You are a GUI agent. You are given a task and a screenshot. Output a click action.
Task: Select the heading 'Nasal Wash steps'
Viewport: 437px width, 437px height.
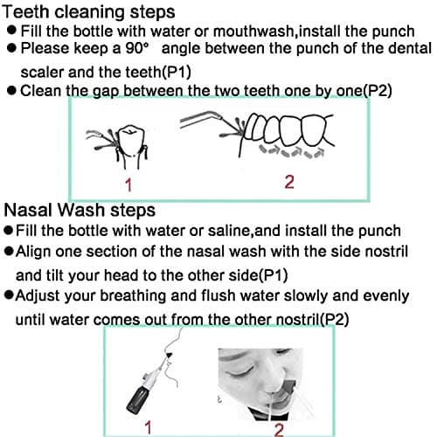coord(80,211)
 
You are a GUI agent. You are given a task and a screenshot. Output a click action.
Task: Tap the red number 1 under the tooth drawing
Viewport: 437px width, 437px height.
coord(128,184)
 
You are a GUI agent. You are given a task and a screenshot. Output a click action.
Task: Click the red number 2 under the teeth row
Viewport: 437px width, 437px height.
coord(289,182)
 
